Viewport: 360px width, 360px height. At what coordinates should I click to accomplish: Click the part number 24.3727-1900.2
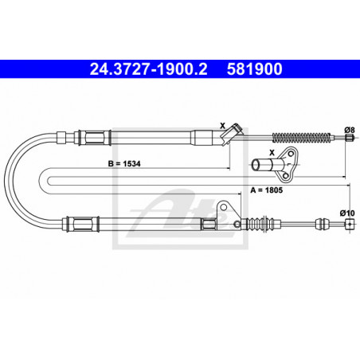point(148,69)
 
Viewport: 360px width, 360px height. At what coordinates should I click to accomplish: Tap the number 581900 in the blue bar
point(254,69)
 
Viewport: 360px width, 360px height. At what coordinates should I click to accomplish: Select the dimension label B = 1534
point(124,163)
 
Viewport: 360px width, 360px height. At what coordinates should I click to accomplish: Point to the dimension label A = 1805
point(267,190)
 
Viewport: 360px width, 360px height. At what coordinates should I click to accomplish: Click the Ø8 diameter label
point(350,130)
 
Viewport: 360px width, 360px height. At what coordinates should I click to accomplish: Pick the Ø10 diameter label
point(347,213)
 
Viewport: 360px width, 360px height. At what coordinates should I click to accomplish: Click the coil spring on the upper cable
point(302,137)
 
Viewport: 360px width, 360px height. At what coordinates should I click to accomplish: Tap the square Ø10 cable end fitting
point(350,224)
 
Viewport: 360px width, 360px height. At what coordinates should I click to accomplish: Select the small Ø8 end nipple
point(350,138)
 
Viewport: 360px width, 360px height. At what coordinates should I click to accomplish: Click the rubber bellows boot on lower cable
point(260,224)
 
